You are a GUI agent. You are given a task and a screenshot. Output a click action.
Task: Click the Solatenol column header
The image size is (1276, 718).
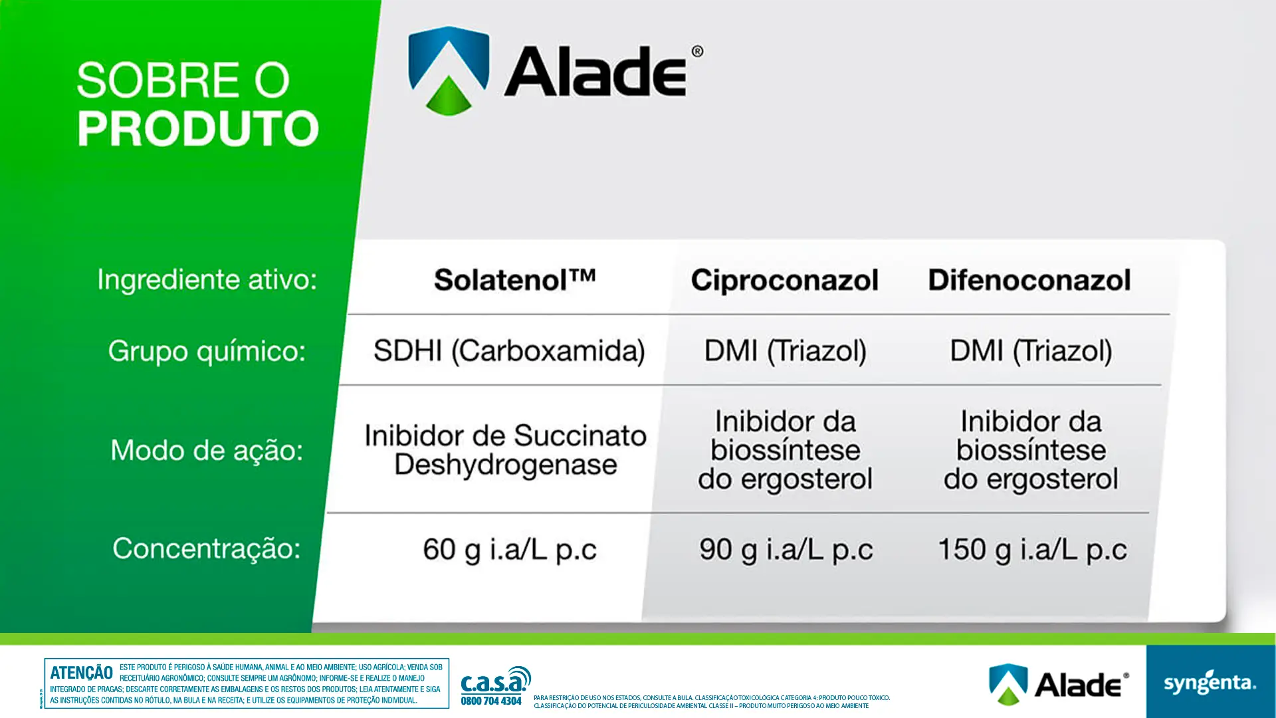pyautogui.click(x=514, y=280)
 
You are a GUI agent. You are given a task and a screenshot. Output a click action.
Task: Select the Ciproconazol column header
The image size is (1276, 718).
pyautogui.click(x=784, y=280)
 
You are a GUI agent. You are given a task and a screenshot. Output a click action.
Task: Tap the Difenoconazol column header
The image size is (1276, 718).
pyautogui.click(x=1029, y=280)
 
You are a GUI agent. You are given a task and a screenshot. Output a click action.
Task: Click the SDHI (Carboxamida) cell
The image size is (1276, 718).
pyautogui.click(x=509, y=351)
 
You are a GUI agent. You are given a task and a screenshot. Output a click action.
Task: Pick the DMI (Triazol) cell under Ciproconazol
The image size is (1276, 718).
pyautogui.click(x=785, y=351)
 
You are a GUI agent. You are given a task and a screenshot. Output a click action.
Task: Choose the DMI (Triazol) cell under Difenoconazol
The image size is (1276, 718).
pyautogui.click(x=1031, y=351)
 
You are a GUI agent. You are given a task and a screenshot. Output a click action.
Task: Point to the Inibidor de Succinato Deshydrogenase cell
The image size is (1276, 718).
pyautogui.click(x=505, y=450)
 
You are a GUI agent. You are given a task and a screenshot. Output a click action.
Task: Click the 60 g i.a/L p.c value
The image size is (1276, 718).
pyautogui.click(x=510, y=550)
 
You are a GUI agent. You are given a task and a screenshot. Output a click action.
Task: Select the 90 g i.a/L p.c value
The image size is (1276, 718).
pyautogui.click(x=786, y=550)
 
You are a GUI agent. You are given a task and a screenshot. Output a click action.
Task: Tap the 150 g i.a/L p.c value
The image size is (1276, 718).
pyautogui.click(x=1032, y=550)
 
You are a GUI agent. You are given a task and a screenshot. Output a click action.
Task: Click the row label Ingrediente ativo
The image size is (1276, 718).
pyautogui.click(x=207, y=280)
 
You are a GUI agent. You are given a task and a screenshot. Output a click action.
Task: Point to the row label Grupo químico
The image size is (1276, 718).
pyautogui.click(x=207, y=351)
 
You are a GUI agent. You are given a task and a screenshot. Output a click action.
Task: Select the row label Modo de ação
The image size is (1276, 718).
pyautogui.click(x=207, y=451)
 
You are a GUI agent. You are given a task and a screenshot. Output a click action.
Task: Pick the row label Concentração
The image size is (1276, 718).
pyautogui.click(x=207, y=549)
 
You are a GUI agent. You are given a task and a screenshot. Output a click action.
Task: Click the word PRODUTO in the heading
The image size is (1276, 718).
pyautogui.click(x=198, y=128)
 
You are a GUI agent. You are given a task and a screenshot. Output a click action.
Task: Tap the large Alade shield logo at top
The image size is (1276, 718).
pyautogui.click(x=449, y=70)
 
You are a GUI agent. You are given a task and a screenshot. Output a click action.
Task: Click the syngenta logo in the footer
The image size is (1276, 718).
pyautogui.click(x=1210, y=683)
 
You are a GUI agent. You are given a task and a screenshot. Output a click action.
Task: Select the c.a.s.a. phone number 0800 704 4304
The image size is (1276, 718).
pyautogui.click(x=491, y=701)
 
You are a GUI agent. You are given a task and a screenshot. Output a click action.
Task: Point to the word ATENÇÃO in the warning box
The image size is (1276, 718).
pyautogui.click(x=81, y=673)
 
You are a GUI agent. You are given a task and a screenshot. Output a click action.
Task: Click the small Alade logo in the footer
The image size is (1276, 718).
pyautogui.click(x=1058, y=684)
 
